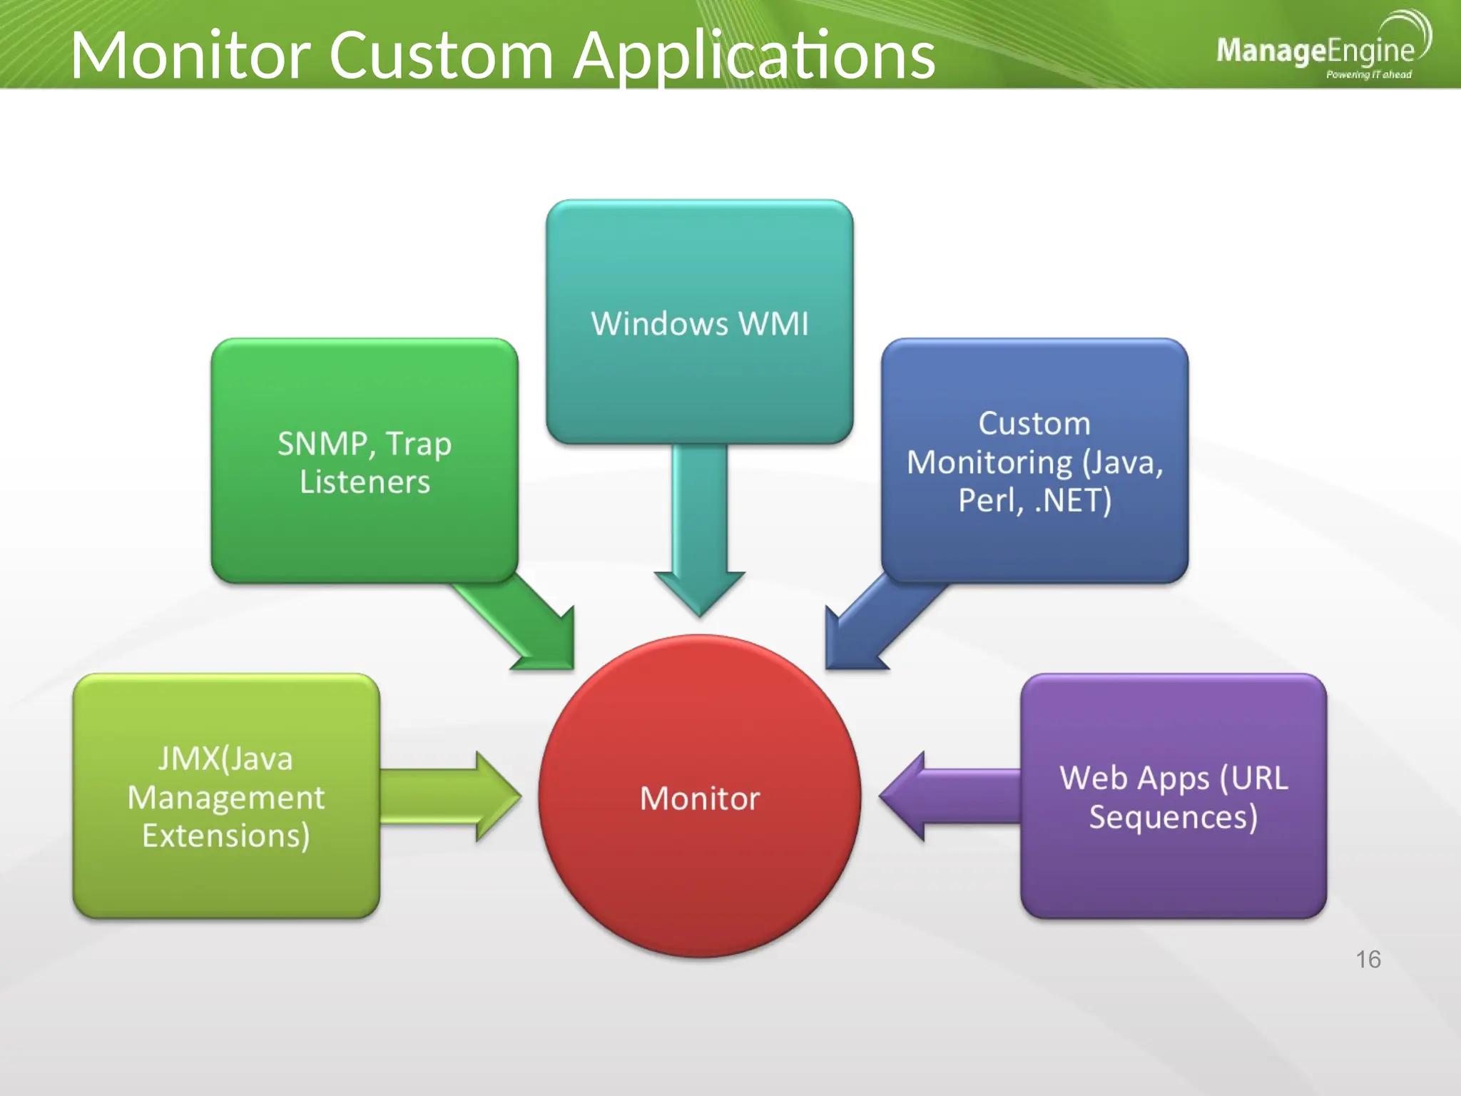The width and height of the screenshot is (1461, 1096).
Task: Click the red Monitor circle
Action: pos(699,796)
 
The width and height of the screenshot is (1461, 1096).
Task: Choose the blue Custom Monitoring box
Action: pos(1034,460)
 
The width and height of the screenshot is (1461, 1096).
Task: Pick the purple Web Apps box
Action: pos(1174,796)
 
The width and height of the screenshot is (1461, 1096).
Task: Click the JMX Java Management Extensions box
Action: pos(226,796)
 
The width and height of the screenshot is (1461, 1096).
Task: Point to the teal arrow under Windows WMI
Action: pos(699,528)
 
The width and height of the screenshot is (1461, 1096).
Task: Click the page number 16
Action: pos(1368,959)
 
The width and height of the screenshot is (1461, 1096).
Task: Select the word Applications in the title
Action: pos(755,56)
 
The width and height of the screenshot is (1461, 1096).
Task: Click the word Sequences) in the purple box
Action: pos(1173,816)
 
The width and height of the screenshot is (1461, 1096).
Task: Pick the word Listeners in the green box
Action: pos(365,482)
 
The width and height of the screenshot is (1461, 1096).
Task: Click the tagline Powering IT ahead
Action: pos(1368,74)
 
